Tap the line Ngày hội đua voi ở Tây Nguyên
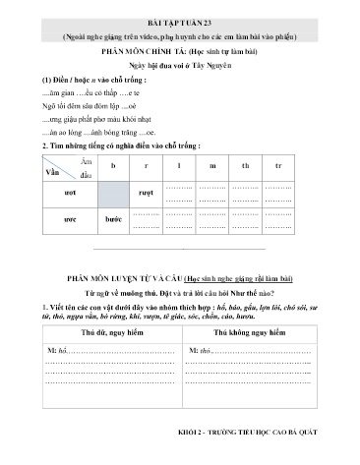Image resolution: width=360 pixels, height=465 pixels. tap(181, 61)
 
